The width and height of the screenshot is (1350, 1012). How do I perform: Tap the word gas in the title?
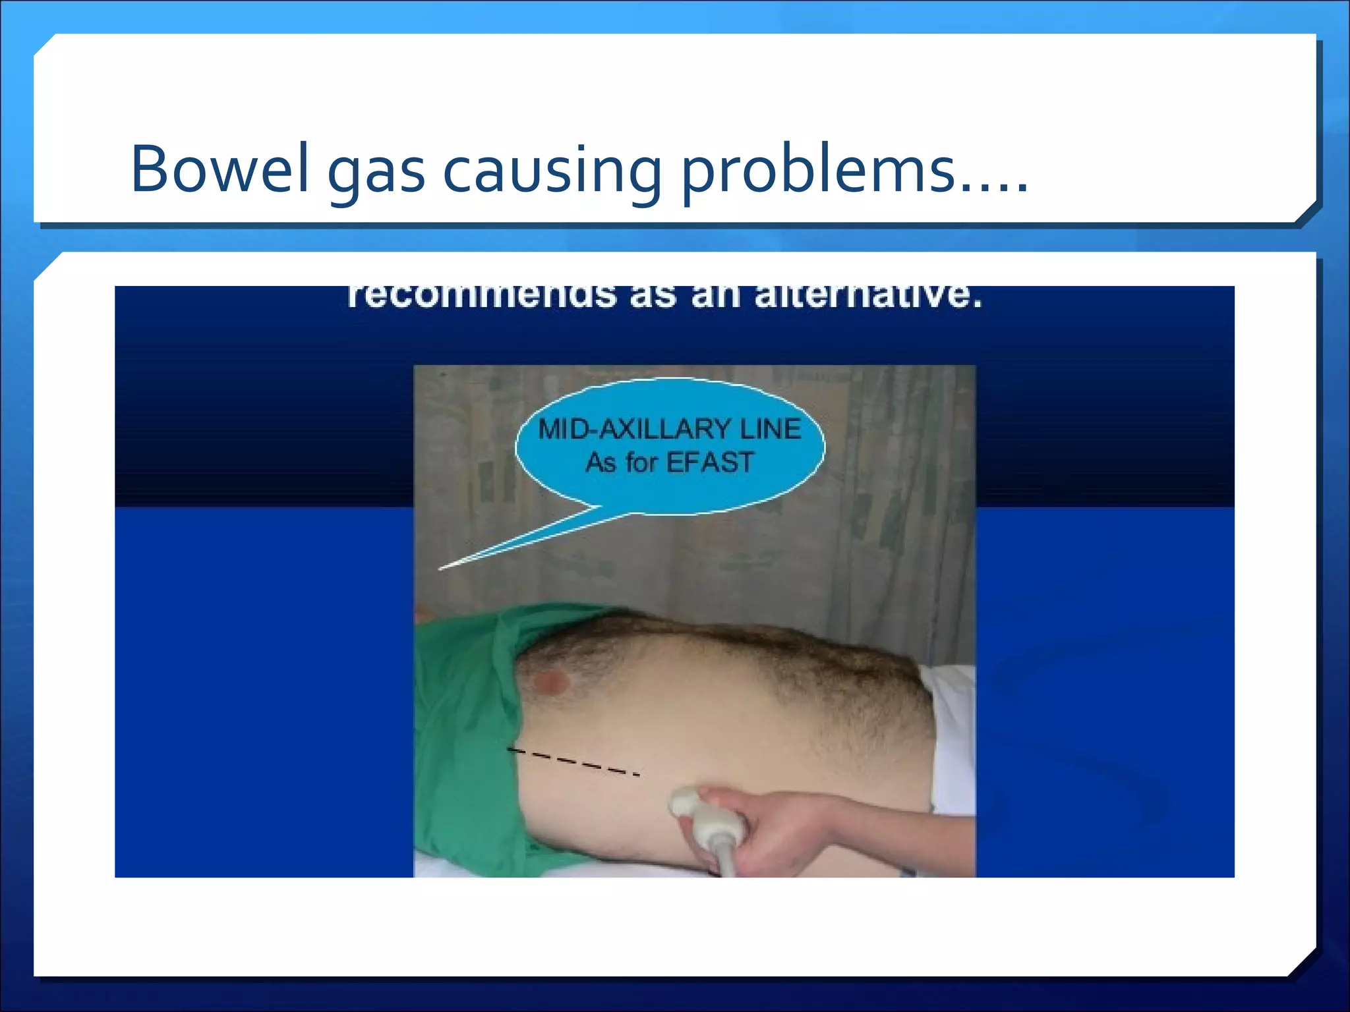(x=376, y=173)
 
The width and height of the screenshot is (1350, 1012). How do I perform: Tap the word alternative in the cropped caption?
(x=868, y=296)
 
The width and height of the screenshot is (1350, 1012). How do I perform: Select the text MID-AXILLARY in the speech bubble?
(x=634, y=430)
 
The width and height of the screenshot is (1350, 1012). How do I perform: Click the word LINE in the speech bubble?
(x=771, y=430)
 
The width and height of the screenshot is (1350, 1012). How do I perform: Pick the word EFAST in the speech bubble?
(x=710, y=463)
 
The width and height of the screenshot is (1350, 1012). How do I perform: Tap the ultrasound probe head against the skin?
(x=687, y=805)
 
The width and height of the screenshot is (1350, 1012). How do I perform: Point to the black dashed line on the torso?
(x=573, y=761)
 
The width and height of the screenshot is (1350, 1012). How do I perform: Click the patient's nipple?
(x=550, y=683)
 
